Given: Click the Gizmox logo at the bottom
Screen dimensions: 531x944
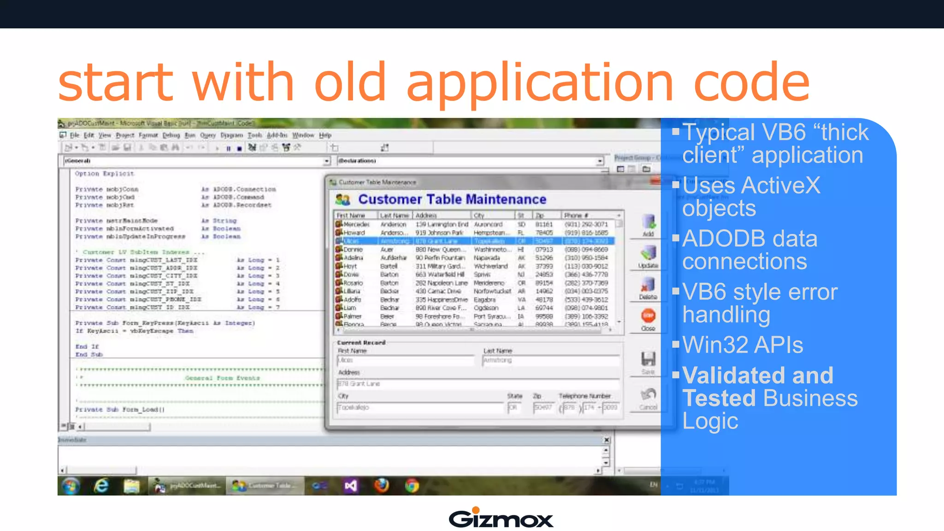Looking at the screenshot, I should pyautogui.click(x=501, y=519).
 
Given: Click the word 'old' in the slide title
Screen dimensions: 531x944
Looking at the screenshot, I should pyautogui.click(x=349, y=83).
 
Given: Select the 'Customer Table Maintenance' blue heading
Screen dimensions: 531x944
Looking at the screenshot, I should pyautogui.click(x=452, y=199).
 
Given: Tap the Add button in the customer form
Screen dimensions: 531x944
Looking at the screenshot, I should pyautogui.click(x=649, y=225).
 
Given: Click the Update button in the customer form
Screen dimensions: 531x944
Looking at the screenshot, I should pyautogui.click(x=648, y=256).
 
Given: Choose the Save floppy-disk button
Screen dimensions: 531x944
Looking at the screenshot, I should pyautogui.click(x=648, y=362).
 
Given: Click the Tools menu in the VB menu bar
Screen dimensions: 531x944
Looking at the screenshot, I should pyautogui.click(x=254, y=135).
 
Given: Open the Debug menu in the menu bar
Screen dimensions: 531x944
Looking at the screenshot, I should pyautogui.click(x=171, y=135).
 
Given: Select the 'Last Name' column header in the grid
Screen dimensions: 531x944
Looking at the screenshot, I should pyautogui.click(x=394, y=215).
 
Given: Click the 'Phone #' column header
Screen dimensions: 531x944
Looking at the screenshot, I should pyautogui.click(x=576, y=215).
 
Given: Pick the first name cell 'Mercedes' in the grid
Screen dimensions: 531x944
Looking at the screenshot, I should pyautogui.click(x=356, y=224).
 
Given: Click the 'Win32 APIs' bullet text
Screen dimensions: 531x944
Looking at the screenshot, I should pyautogui.click(x=743, y=345).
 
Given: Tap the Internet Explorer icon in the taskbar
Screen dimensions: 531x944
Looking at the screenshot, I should pyautogui.click(x=101, y=486).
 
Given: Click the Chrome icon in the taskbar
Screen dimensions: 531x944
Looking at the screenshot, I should pyautogui.click(x=412, y=486).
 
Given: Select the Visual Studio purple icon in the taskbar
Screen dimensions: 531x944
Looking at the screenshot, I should pyautogui.click(x=350, y=486).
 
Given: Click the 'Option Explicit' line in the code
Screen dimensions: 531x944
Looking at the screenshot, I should pyautogui.click(x=105, y=174).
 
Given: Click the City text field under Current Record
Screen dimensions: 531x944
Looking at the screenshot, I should pyautogui.click(x=419, y=407).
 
